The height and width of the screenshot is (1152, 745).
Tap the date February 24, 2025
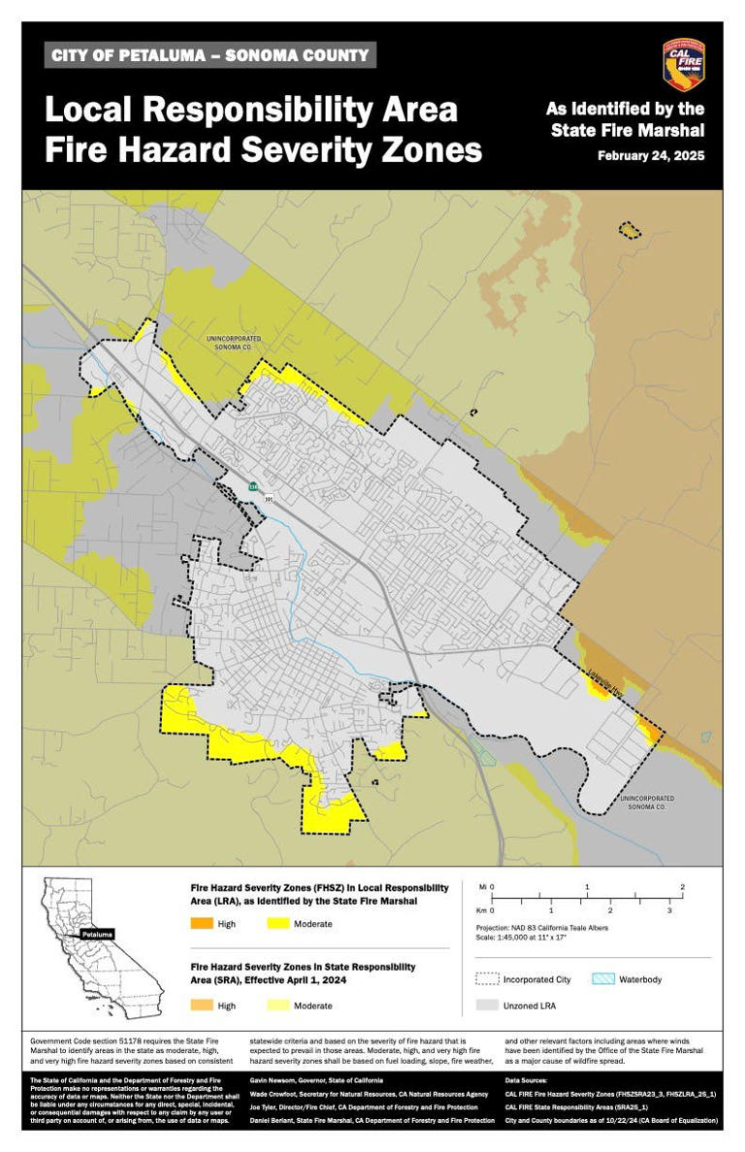(651, 155)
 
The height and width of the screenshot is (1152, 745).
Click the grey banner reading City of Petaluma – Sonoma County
(211, 55)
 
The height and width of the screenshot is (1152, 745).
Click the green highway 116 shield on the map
(253, 486)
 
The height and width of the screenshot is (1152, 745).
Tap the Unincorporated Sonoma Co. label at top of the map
(229, 343)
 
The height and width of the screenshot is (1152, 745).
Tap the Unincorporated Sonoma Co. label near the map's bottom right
(645, 803)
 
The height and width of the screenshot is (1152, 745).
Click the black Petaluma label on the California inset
(97, 934)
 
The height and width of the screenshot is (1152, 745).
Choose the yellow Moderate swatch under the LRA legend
(276, 924)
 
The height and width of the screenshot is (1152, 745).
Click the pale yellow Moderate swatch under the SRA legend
(276, 1005)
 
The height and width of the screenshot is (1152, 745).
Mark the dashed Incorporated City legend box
(487, 979)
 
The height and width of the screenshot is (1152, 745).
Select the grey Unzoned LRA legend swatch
(487, 1005)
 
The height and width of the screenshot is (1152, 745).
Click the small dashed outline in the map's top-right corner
(631, 230)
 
